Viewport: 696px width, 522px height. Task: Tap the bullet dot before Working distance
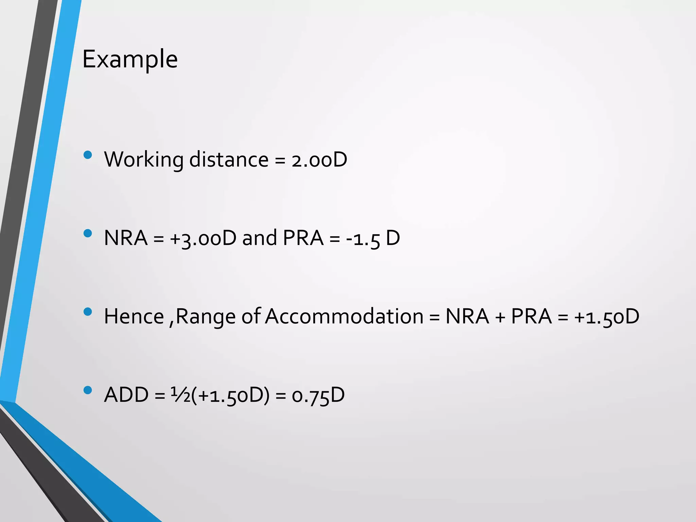pyautogui.click(x=88, y=155)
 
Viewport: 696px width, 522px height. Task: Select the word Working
pyautogui.click(x=143, y=160)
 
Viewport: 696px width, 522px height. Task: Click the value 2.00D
pyautogui.click(x=319, y=160)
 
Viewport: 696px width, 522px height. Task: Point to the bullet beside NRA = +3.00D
pyautogui.click(x=88, y=233)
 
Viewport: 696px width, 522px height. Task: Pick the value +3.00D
pyautogui.click(x=203, y=238)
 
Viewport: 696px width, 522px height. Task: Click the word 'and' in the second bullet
pyautogui.click(x=259, y=238)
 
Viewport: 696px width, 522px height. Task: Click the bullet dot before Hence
pyautogui.click(x=88, y=312)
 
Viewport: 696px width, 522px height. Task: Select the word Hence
pyautogui.click(x=134, y=316)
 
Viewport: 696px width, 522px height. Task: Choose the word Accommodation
pyautogui.click(x=344, y=316)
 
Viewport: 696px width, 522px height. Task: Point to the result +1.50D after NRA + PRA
pyautogui.click(x=607, y=317)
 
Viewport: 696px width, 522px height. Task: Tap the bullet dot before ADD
pyautogui.click(x=88, y=390)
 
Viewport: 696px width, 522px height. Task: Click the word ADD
pyautogui.click(x=126, y=395)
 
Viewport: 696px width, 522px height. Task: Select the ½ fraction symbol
pyautogui.click(x=180, y=395)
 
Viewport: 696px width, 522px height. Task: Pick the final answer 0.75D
pyautogui.click(x=318, y=395)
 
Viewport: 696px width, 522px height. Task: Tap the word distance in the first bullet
pyautogui.click(x=229, y=160)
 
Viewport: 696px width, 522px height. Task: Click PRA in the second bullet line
pyautogui.click(x=303, y=238)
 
